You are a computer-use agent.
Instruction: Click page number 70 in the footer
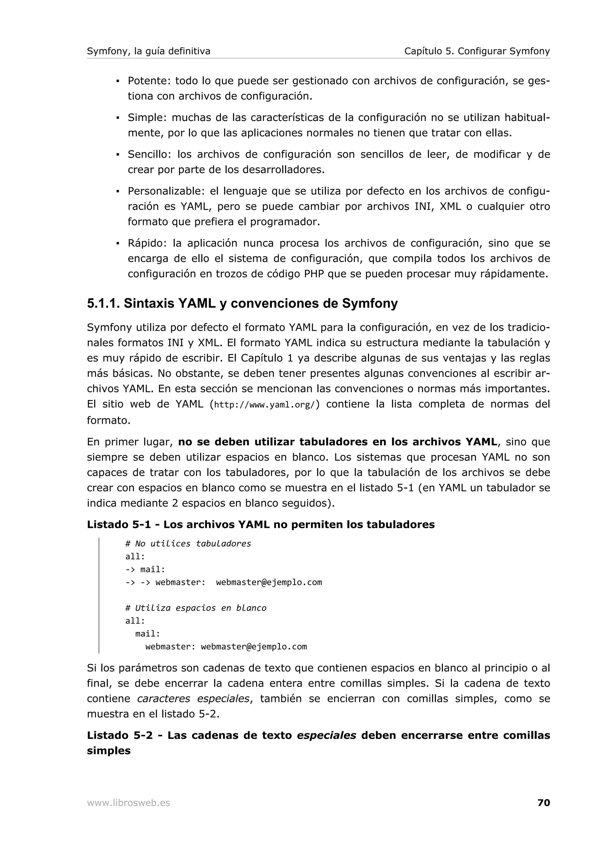coord(543,803)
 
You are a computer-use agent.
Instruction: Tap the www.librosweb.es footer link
coord(129,803)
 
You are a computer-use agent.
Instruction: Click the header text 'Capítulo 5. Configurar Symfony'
coord(477,51)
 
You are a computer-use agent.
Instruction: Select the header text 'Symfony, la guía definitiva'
coord(148,51)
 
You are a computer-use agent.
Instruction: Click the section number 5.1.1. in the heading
coord(103,303)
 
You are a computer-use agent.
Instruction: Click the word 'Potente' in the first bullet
coord(149,81)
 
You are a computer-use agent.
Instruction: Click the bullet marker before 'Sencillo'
coord(118,154)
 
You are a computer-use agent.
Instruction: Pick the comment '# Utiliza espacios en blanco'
coord(196,608)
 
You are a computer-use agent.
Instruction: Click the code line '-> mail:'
coord(145,569)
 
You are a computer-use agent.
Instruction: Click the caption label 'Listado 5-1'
coord(118,525)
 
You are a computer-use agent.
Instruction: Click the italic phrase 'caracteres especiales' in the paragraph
coord(193,699)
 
